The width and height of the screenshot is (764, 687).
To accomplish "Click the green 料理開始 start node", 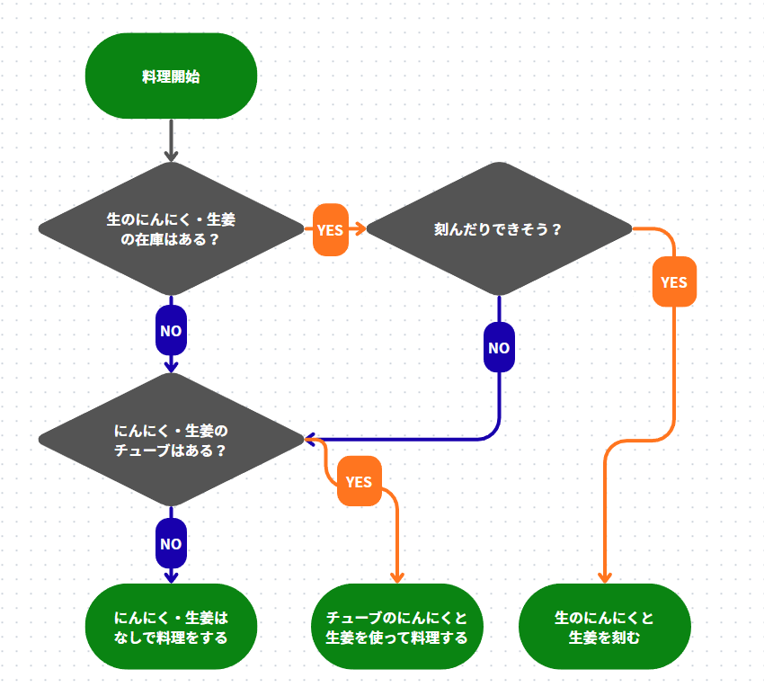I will (x=171, y=76).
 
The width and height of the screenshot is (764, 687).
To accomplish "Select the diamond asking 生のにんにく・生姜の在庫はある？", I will (x=171, y=228).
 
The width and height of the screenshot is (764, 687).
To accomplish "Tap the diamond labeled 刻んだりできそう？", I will (x=498, y=228).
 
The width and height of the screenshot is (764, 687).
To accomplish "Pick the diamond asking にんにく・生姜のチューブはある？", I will (x=171, y=440).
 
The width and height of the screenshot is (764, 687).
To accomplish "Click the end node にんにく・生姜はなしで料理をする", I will (x=171, y=627).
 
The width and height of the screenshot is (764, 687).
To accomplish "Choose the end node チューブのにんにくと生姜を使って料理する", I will (x=396, y=627).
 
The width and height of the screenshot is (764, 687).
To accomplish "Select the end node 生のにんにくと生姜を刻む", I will (x=604, y=627).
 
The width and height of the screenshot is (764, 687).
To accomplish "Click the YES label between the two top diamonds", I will (x=330, y=229).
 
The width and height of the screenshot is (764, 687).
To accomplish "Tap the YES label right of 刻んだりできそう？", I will (x=673, y=282).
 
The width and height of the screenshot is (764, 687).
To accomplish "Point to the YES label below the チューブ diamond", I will (x=359, y=482).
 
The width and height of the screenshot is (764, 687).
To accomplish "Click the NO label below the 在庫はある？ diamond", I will (x=171, y=331).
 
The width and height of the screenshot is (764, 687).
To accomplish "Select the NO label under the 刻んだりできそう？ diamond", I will (x=499, y=348).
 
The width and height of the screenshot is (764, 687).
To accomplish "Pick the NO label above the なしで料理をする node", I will (x=171, y=543).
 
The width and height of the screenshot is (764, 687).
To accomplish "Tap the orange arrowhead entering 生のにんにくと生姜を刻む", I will (x=604, y=577).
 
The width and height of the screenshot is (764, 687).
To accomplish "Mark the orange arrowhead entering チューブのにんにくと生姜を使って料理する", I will (x=396, y=577).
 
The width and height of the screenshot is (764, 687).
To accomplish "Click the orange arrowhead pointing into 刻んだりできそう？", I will (x=360, y=229).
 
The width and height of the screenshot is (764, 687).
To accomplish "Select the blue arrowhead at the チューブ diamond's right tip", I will (x=310, y=440).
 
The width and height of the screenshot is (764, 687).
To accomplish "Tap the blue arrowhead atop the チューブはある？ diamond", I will (x=171, y=366).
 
